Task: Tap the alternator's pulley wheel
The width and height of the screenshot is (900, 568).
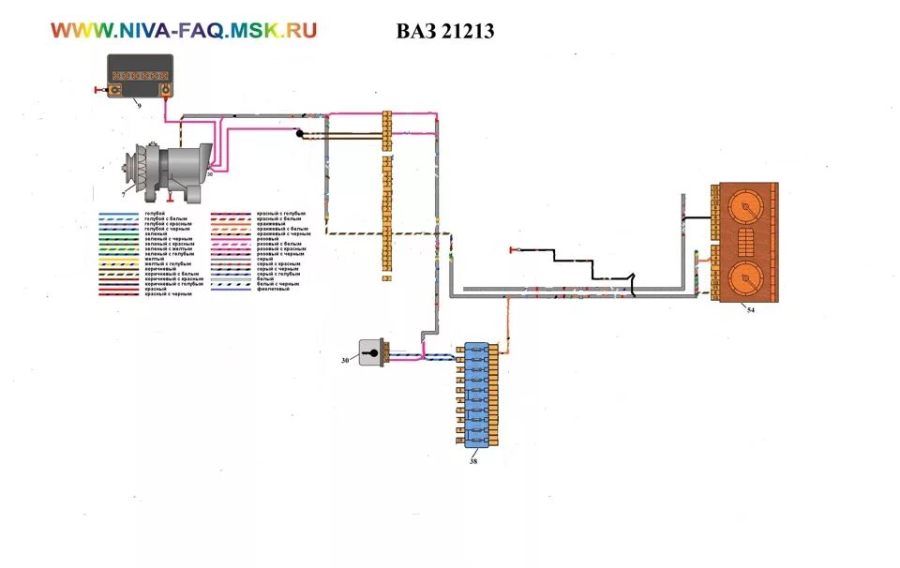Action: pos(130,172)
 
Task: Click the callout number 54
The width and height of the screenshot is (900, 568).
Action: pos(750,308)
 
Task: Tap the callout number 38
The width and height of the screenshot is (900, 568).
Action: pos(472,459)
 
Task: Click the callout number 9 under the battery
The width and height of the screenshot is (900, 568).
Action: pos(140,105)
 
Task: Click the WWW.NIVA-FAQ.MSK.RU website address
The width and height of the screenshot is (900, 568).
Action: pos(184,30)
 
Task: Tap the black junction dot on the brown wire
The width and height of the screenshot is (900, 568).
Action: pos(300,134)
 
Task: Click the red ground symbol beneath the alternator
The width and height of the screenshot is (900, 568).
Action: pos(170,198)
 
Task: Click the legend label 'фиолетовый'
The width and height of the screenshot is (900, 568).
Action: pos(274,290)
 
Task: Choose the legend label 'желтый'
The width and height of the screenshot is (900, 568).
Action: pos(155,259)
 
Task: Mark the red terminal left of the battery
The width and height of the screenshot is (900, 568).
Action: pos(98,91)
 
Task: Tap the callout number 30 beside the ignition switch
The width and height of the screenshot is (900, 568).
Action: pos(344,360)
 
